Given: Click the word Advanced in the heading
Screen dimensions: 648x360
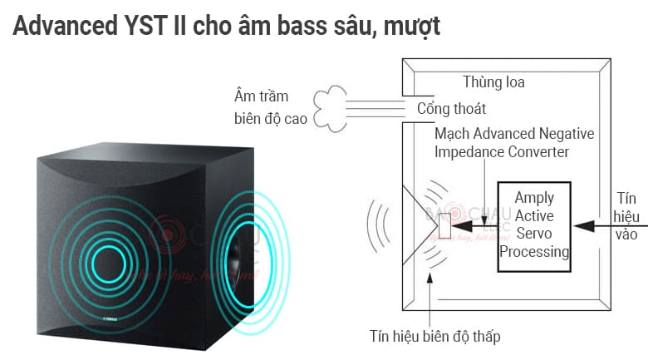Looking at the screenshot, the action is click(x=66, y=26).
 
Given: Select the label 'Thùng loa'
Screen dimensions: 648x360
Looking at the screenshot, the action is click(x=493, y=82).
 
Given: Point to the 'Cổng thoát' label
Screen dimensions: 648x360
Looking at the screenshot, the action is click(x=451, y=108).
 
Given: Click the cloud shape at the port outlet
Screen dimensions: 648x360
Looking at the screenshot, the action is click(x=330, y=109).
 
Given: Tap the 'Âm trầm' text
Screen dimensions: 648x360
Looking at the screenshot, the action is click(x=261, y=96).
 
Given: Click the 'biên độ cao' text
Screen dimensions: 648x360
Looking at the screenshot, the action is click(x=271, y=119).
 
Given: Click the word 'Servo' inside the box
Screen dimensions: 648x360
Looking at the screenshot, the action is click(x=534, y=234).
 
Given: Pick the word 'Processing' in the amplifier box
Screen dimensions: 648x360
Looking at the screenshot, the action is click(x=534, y=252).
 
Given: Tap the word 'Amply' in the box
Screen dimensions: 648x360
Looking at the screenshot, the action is click(x=534, y=198).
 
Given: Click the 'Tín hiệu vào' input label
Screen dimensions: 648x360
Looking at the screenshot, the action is click(x=626, y=216).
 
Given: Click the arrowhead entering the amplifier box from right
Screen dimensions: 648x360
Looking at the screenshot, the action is click(x=583, y=226).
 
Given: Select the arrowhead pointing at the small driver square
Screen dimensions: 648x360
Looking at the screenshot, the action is click(x=462, y=226).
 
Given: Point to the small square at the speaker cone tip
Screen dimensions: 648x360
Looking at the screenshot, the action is click(x=444, y=225).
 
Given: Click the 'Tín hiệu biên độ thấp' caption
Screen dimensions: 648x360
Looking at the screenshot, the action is click(x=434, y=336).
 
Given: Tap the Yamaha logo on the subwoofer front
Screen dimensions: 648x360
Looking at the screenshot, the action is click(x=110, y=318).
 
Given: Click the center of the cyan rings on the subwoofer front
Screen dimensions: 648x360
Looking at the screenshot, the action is click(x=109, y=264).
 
